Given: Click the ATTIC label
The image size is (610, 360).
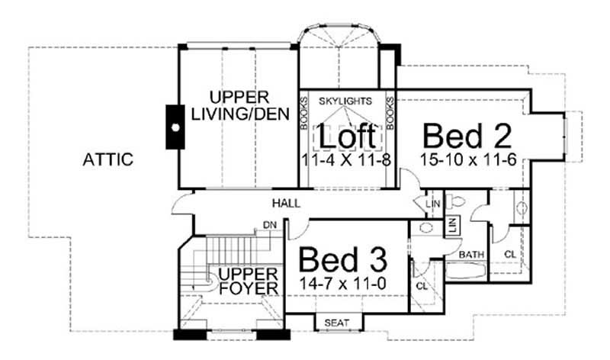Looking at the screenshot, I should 108,160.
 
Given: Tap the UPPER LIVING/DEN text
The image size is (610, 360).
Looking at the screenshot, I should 239,106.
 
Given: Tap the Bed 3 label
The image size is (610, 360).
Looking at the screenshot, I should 342,260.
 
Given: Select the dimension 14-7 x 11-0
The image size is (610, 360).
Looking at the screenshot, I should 342,282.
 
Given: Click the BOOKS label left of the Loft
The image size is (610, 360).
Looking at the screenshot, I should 304,112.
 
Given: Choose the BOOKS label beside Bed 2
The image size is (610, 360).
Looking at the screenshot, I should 390,112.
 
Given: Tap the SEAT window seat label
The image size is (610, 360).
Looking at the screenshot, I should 336,323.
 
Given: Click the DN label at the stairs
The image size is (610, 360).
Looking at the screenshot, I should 268,224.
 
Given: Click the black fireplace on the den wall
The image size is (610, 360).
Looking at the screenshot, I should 173,128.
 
